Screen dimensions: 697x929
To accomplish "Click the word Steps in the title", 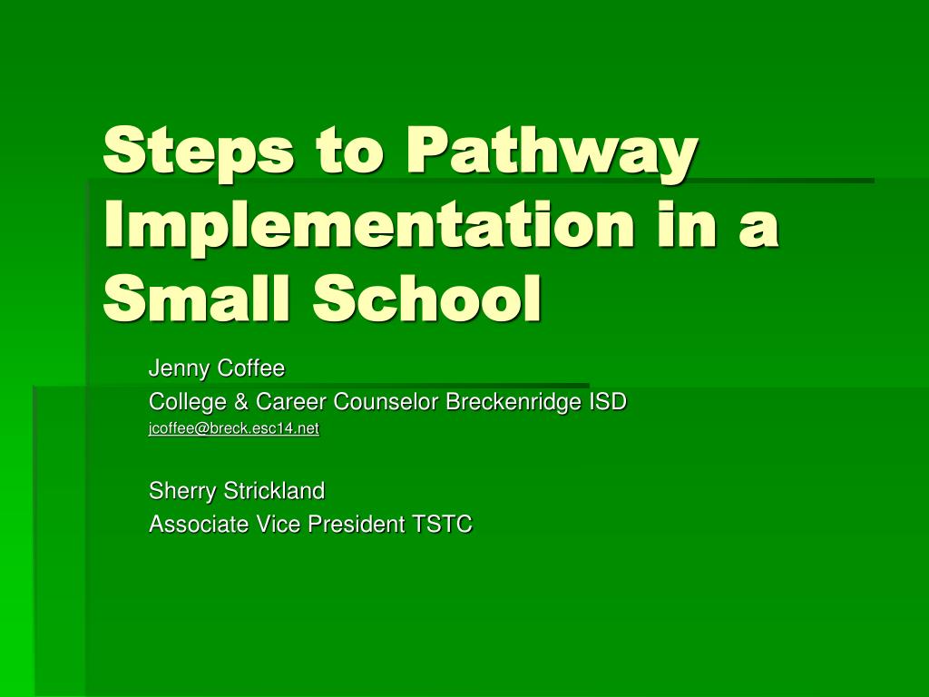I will click(x=198, y=152).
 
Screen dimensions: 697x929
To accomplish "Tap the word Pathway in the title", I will click(x=552, y=152).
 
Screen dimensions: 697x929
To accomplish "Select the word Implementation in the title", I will click(x=368, y=227).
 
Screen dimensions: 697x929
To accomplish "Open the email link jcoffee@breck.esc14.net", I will click(x=234, y=428).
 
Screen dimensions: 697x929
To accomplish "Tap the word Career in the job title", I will click(x=290, y=401).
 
